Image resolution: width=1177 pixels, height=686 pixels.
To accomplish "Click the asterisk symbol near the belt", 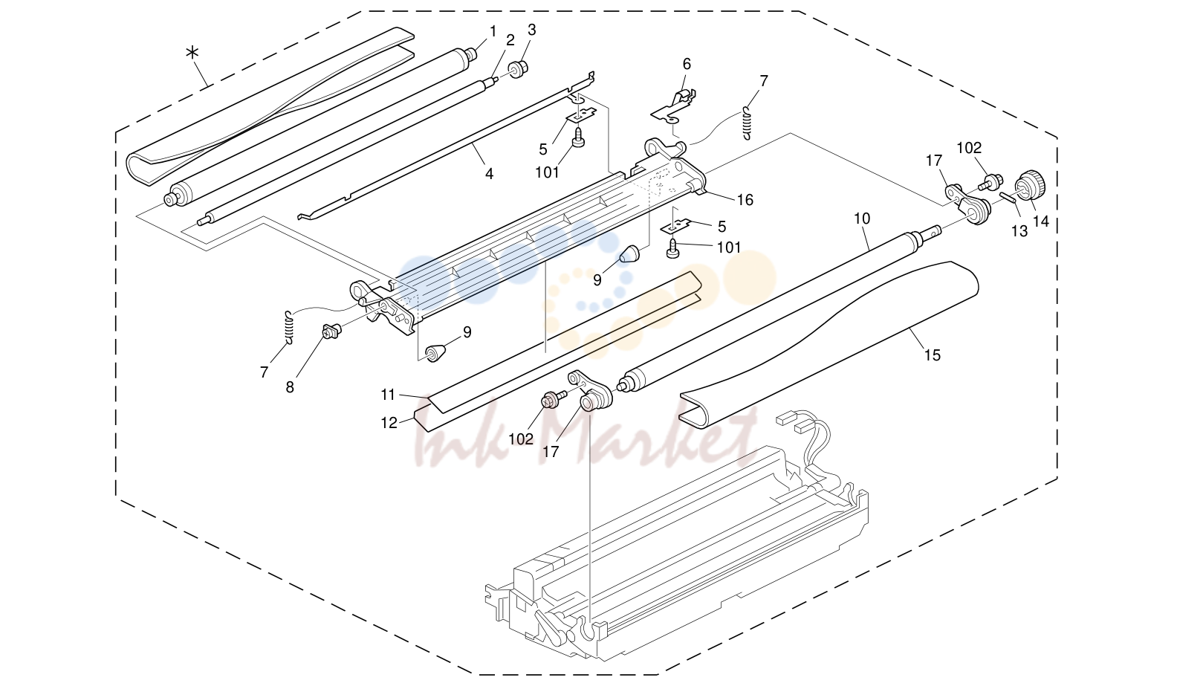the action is pyautogui.click(x=193, y=53).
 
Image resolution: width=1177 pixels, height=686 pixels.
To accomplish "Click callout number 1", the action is pyautogui.click(x=493, y=31).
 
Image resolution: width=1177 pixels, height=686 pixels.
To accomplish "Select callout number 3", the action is pyautogui.click(x=532, y=30).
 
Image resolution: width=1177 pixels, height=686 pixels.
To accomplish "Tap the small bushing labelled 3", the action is pyautogui.click(x=518, y=69).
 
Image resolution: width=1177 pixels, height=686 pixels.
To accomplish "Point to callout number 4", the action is pyautogui.click(x=489, y=173).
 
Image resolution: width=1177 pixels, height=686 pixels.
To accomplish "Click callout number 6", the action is pyautogui.click(x=687, y=64).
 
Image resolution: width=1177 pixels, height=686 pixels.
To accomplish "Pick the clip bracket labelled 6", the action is pyautogui.click(x=675, y=109).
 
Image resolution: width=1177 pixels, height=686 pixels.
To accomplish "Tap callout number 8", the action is pyautogui.click(x=290, y=387).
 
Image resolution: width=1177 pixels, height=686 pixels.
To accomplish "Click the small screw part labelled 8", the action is pyautogui.click(x=331, y=331).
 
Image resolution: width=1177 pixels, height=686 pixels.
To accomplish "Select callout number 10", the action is pyautogui.click(x=862, y=219).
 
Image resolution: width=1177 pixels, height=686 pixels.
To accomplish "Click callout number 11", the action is pyautogui.click(x=388, y=394).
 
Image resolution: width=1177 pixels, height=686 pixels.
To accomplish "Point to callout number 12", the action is pyautogui.click(x=389, y=423).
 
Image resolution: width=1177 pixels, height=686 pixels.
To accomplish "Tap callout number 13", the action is pyautogui.click(x=1019, y=230).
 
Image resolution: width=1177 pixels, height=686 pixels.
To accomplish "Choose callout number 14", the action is pyautogui.click(x=1040, y=221).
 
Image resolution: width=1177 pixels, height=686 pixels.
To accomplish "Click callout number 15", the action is pyautogui.click(x=932, y=355).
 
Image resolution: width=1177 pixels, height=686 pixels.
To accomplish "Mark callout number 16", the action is pyautogui.click(x=745, y=200).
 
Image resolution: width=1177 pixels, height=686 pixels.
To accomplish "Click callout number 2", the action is pyautogui.click(x=510, y=40).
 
